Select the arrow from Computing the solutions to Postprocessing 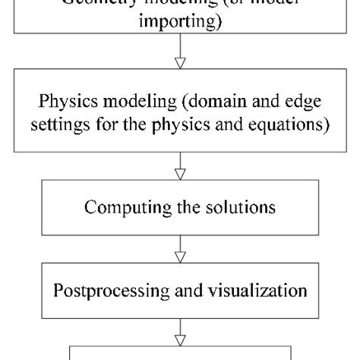click(x=180, y=247)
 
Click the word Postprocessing click(x=111, y=289)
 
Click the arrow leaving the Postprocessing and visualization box click(x=180, y=330)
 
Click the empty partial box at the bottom click(x=180, y=352)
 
